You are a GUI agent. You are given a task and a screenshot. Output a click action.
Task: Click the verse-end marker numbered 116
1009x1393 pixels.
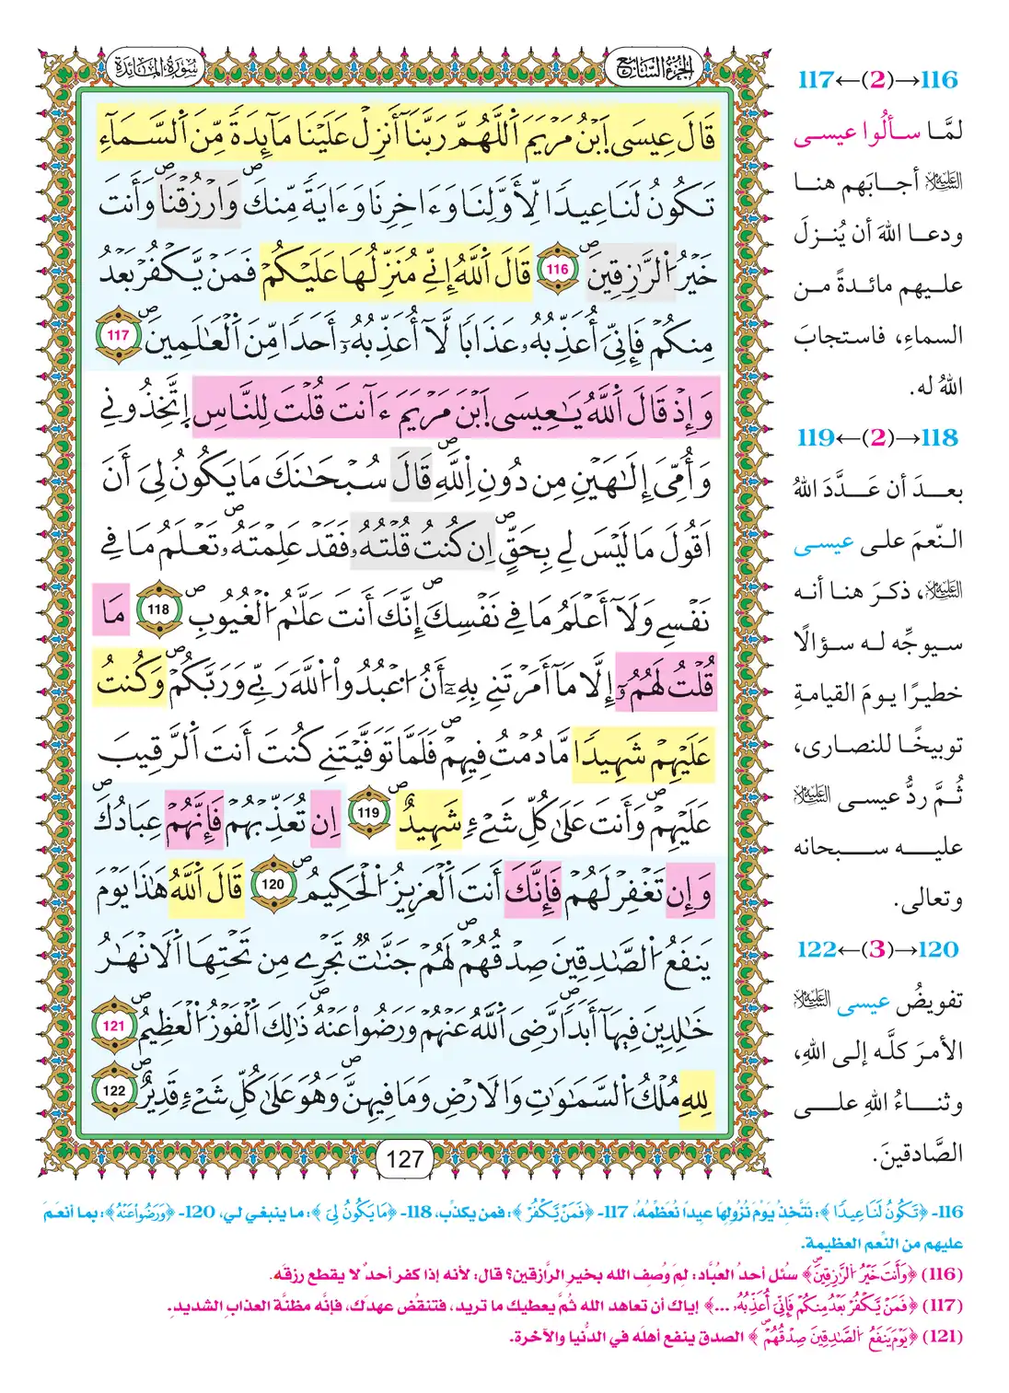point(557,270)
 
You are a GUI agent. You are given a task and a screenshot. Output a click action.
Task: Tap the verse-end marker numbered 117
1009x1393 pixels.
point(118,336)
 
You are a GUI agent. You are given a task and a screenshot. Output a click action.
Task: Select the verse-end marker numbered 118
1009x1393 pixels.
point(158,609)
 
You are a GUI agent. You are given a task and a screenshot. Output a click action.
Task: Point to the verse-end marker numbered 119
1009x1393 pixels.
point(368,813)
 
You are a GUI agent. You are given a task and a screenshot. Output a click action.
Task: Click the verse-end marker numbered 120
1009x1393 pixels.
point(273,884)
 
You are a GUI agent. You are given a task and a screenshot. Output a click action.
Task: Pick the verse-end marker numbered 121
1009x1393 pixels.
point(114,1025)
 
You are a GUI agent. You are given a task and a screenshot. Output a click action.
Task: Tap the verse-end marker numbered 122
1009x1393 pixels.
point(114,1091)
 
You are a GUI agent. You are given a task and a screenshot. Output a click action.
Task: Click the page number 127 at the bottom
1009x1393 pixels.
point(405,1159)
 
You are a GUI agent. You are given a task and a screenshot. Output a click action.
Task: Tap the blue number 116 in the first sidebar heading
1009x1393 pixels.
point(938,80)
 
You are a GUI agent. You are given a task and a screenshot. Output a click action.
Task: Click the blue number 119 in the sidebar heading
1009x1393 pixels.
point(817,437)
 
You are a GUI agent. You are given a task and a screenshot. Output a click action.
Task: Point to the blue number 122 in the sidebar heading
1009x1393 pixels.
point(817,949)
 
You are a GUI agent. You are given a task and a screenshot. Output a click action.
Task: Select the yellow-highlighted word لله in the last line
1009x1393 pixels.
point(696,1096)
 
